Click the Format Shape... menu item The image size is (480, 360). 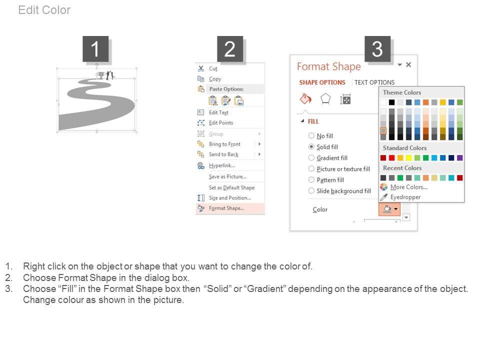point(226,208)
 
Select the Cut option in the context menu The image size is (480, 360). point(213,69)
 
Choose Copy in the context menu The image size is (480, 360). point(215,79)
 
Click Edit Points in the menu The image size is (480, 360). point(221,123)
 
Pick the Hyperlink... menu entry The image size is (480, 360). point(222,165)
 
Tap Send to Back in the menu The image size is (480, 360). point(224,154)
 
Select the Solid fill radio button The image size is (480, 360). point(311,147)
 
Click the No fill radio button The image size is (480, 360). point(311,135)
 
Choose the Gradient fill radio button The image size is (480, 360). point(311,158)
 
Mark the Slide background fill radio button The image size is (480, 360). point(311,190)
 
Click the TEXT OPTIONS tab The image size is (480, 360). point(374,82)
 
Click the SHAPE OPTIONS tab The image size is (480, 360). point(322,82)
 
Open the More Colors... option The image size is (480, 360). point(408,187)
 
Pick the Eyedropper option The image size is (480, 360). point(405,197)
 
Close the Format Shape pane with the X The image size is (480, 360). point(408,64)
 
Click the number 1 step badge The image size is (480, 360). point(95,49)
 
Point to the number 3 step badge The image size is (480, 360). point(377,49)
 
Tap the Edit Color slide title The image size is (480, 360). point(44,10)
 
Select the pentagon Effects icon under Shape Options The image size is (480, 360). point(325,99)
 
